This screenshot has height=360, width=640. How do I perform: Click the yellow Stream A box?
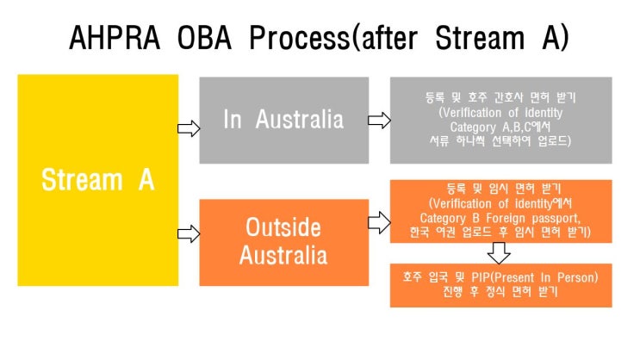coord(98,180)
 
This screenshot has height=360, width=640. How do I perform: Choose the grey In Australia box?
coord(283,120)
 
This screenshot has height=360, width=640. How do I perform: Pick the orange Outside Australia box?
coord(283,241)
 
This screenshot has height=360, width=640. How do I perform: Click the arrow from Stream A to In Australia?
coord(189,128)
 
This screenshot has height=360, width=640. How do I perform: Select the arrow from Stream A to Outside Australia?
coord(189,233)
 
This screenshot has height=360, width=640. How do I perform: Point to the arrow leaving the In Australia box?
coord(378,121)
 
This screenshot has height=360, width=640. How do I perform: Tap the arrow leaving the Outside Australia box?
coord(378,223)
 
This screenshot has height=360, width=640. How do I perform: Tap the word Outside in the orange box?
coord(283,227)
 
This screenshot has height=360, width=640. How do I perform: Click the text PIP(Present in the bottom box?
coord(483,277)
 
